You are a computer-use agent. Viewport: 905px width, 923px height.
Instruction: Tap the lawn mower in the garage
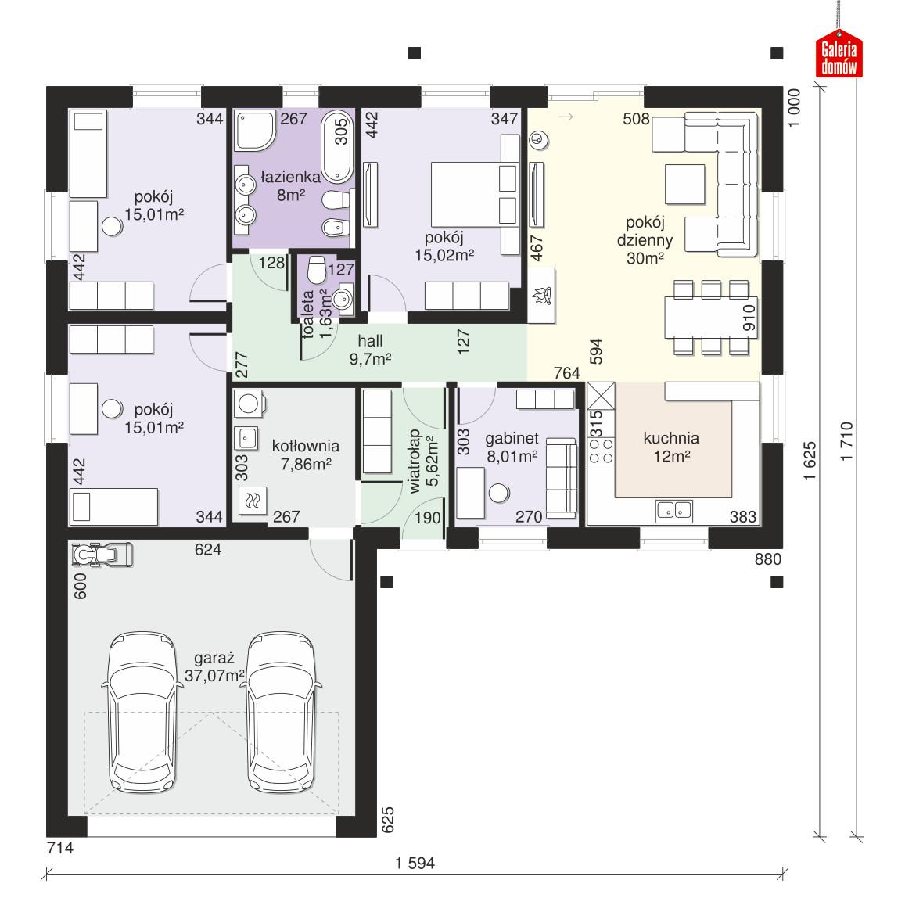click(102, 555)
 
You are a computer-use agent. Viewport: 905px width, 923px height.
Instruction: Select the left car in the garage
click(142, 713)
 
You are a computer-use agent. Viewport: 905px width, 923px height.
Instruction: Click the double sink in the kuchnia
click(674, 511)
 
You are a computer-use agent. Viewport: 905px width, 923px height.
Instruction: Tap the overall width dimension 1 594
click(415, 864)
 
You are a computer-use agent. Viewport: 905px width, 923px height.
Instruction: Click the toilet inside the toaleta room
click(317, 270)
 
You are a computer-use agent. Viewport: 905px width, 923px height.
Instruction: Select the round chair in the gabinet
click(498, 493)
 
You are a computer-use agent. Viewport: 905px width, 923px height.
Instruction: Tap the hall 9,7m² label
click(370, 350)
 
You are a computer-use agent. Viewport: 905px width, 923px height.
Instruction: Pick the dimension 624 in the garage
click(208, 550)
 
